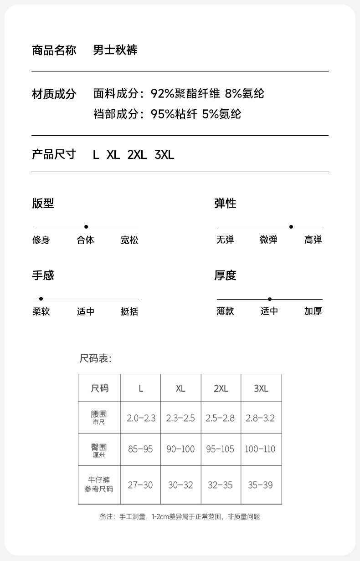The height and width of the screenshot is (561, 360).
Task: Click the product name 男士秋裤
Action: [x=115, y=50]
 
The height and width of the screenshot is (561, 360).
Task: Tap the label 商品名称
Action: [x=54, y=50]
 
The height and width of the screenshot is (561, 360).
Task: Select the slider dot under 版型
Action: [x=86, y=227]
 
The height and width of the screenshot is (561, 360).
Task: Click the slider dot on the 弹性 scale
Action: [x=291, y=227]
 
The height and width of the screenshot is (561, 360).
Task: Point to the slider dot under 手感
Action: [x=41, y=299]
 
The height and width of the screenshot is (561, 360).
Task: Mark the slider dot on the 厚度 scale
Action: [x=270, y=299]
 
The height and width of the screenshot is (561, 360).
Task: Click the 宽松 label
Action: [x=129, y=240]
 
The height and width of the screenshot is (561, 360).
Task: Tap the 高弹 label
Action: [x=313, y=240]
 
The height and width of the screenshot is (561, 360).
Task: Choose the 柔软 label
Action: [x=41, y=312]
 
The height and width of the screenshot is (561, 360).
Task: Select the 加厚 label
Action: [x=313, y=312]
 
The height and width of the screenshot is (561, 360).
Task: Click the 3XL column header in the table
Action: [x=261, y=388]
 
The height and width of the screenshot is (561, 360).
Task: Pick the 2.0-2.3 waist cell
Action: [x=141, y=418]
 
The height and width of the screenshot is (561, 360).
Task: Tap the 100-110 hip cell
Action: [x=260, y=449]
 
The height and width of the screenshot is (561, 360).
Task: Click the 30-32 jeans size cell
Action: [x=180, y=485]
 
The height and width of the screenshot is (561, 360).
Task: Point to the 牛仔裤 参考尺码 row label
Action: [x=99, y=485]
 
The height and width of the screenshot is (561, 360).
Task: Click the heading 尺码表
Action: [x=96, y=359]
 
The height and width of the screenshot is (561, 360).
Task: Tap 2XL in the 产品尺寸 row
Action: [x=137, y=155]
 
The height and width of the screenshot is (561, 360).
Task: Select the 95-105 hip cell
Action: [x=221, y=449]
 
